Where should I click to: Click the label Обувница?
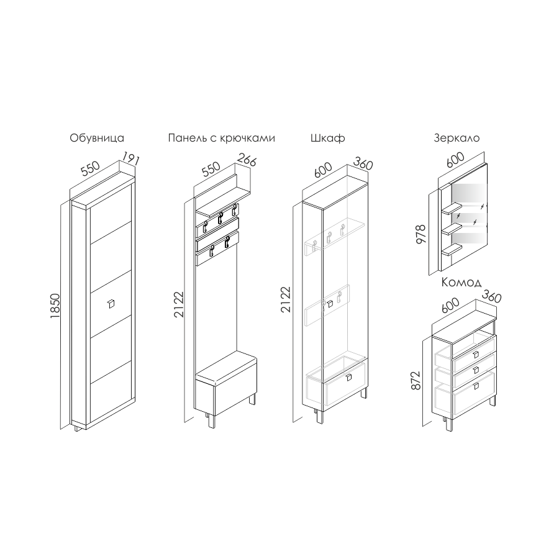tap(97, 138)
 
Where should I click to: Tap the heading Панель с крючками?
tap(221, 138)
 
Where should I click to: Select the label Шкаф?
tap(327, 138)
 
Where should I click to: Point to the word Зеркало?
tap(457, 138)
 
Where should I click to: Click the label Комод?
tap(461, 283)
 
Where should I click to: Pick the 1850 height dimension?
tap(55, 306)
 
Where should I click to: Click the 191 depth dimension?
tap(131, 158)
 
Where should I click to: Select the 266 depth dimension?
tap(247, 160)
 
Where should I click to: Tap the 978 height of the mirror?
tap(421, 234)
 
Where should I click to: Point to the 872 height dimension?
tap(416, 380)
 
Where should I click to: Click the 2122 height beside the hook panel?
tap(179, 304)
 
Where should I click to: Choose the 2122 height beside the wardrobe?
tap(286, 299)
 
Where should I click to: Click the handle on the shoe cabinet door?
tap(111, 304)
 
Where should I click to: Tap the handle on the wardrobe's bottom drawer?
tap(348, 378)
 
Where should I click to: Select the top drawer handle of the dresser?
tap(476, 355)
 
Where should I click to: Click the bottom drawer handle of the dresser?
tap(476, 386)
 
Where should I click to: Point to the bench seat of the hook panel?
tap(226, 365)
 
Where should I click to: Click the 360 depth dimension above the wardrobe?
tap(363, 163)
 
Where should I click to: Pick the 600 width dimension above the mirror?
tap(455, 160)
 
